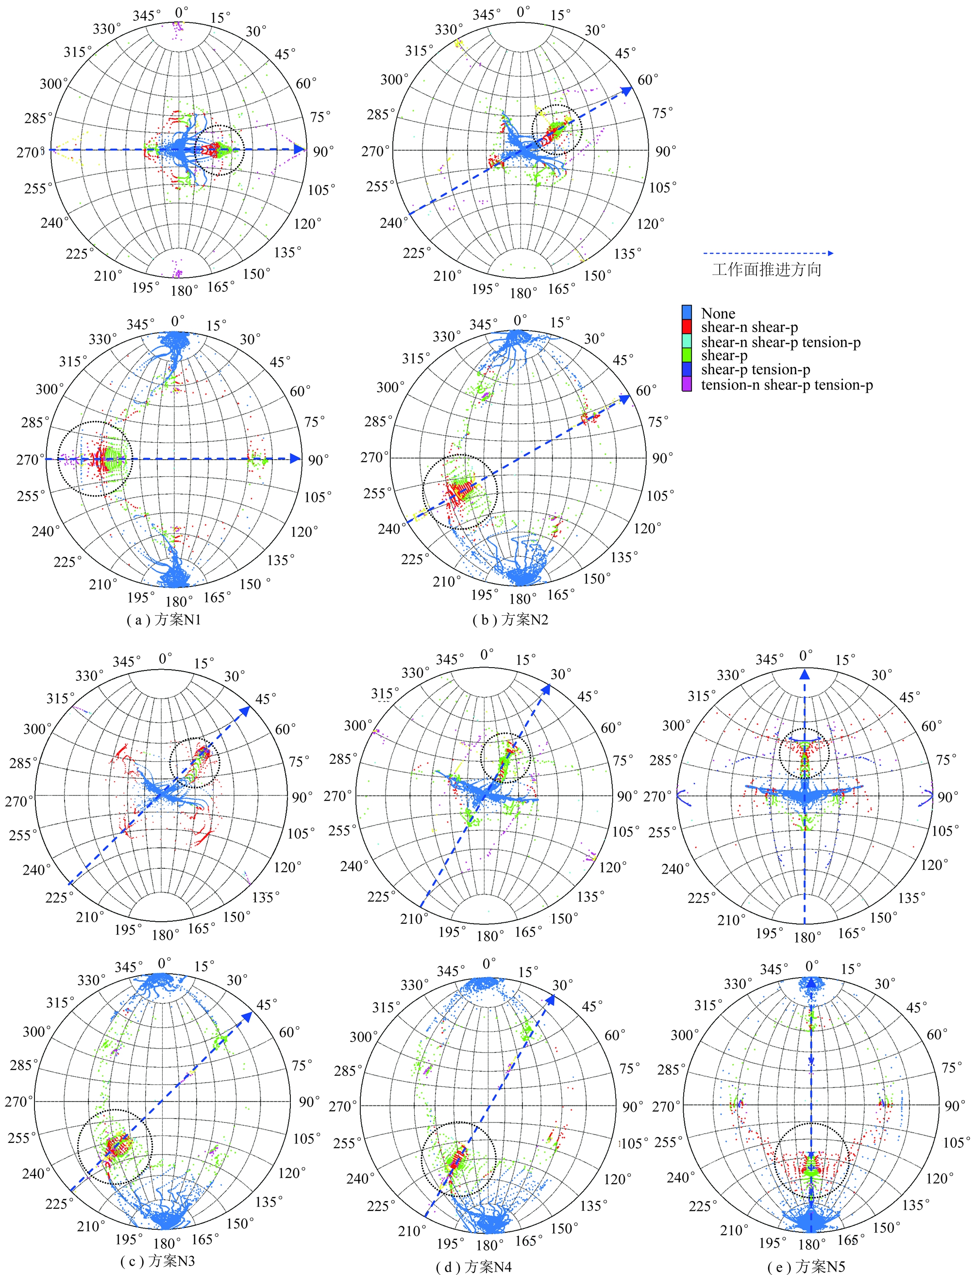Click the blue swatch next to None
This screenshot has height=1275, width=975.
tap(687, 312)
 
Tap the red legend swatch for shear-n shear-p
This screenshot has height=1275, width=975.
tap(687, 327)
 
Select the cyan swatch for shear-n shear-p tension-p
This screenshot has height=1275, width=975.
tap(687, 342)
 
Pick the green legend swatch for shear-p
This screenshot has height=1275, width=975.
tap(687, 355)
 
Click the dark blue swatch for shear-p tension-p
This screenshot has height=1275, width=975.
tap(687, 370)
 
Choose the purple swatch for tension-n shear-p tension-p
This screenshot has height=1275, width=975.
tap(687, 384)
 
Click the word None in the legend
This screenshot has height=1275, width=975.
tap(718, 313)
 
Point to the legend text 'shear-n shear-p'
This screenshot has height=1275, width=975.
tap(749, 327)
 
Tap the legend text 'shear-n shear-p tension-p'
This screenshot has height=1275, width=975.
tap(781, 342)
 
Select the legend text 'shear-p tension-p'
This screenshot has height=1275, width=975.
tap(756, 370)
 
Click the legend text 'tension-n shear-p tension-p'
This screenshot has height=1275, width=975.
tap(787, 385)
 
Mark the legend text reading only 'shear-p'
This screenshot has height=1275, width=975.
tap(724, 356)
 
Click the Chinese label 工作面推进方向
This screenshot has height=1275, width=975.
tap(767, 269)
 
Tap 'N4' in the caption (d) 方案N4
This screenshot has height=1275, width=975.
tap(502, 1266)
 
